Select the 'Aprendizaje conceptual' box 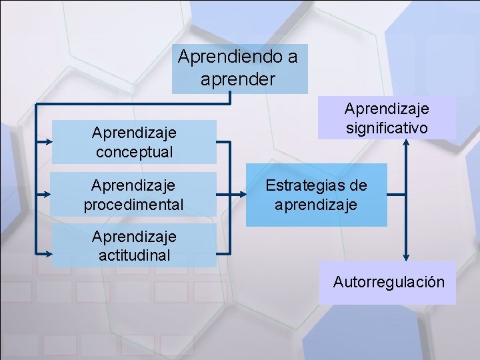click(x=134, y=142)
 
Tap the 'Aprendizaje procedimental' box click(x=133, y=194)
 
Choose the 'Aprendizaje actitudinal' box click(x=133, y=245)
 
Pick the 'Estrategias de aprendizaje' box click(x=317, y=195)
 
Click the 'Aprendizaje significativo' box click(x=387, y=117)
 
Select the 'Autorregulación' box click(x=388, y=282)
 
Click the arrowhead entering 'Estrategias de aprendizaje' click(x=243, y=195)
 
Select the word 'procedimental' click(x=133, y=204)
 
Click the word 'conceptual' click(x=134, y=151)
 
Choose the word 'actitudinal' click(x=133, y=255)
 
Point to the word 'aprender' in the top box click(x=237, y=79)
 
